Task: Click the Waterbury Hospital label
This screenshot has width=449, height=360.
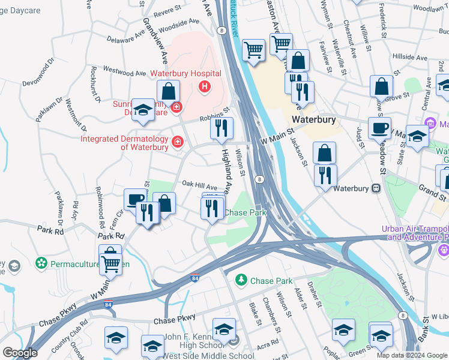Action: coord(185,74)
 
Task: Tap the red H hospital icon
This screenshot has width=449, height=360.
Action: coord(205,88)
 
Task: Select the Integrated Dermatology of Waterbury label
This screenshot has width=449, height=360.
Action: coord(125,143)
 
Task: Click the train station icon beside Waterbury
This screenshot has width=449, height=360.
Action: coord(376,188)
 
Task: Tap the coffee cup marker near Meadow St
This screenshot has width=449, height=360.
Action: coord(379,128)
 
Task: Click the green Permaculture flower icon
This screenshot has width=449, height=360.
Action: coord(41,263)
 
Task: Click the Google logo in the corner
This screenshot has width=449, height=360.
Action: coord(20,353)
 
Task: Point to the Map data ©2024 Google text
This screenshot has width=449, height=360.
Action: coord(412,355)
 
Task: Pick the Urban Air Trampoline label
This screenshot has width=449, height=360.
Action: coord(415,233)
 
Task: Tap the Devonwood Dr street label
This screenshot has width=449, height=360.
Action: coord(38,71)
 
